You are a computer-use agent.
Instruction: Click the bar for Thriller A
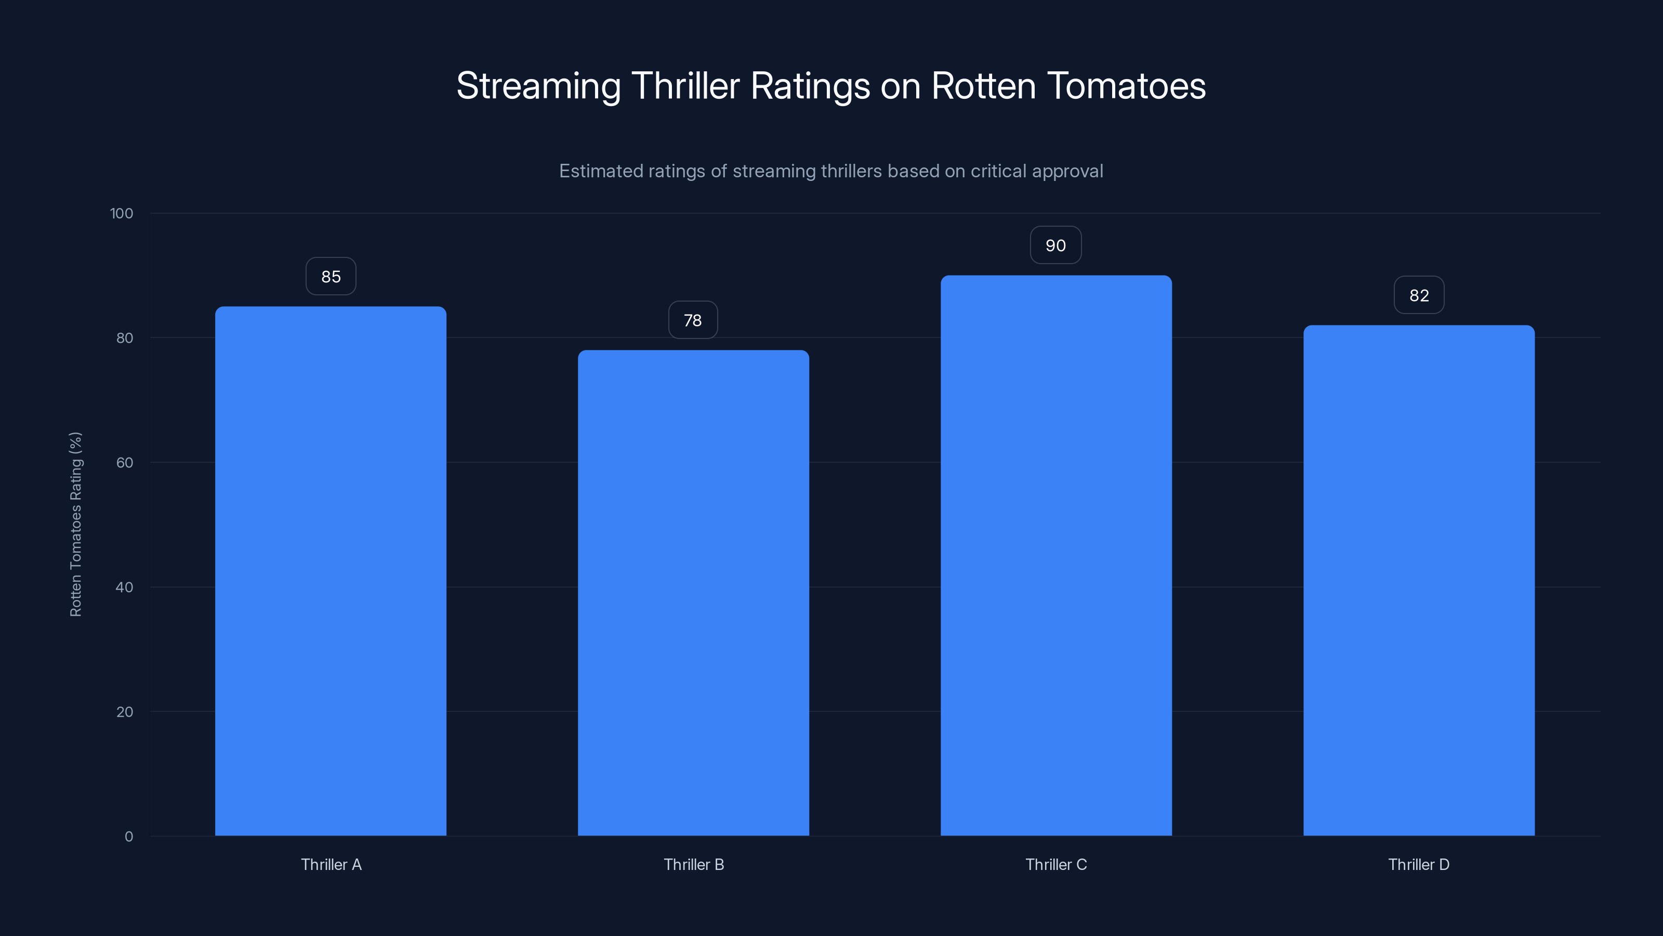pyautogui.click(x=331, y=571)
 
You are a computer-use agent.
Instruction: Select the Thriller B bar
pyautogui.click(x=693, y=593)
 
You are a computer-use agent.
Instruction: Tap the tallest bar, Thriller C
pyautogui.click(x=1056, y=555)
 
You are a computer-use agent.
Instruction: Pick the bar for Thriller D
pyautogui.click(x=1419, y=580)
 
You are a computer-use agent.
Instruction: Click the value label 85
pyautogui.click(x=331, y=277)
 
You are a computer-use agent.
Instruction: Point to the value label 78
pyautogui.click(x=693, y=320)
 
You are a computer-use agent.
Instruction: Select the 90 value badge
pyautogui.click(x=1055, y=245)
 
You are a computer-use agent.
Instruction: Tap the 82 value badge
pyautogui.click(x=1419, y=295)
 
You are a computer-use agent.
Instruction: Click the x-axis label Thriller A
pyautogui.click(x=331, y=864)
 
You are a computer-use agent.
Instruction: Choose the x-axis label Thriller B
pyautogui.click(x=694, y=864)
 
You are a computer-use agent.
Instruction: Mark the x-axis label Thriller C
pyautogui.click(x=1056, y=864)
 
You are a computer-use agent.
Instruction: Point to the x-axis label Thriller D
pyautogui.click(x=1419, y=864)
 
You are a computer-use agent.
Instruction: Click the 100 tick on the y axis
pyautogui.click(x=122, y=213)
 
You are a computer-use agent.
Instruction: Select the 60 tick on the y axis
pyautogui.click(x=125, y=462)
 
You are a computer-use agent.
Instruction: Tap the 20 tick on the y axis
pyautogui.click(x=125, y=712)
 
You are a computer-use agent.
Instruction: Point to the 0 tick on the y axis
pyautogui.click(x=129, y=837)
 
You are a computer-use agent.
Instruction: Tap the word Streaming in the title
pyautogui.click(x=538, y=86)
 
